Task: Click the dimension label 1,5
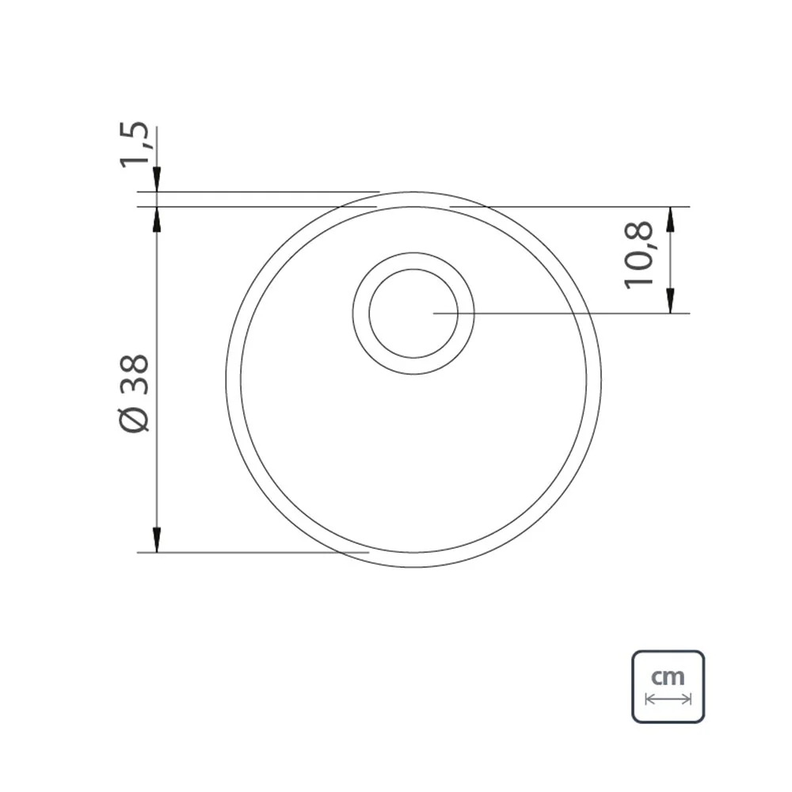[x=135, y=144]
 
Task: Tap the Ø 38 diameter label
[x=135, y=394]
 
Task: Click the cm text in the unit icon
[x=668, y=677]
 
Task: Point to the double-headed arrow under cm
[x=668, y=699]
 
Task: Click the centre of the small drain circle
[x=413, y=314]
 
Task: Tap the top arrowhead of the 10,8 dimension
[x=670, y=219]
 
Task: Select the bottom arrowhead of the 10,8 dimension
[x=670, y=301]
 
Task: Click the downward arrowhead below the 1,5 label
[x=157, y=179]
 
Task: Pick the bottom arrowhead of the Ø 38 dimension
[x=157, y=540]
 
